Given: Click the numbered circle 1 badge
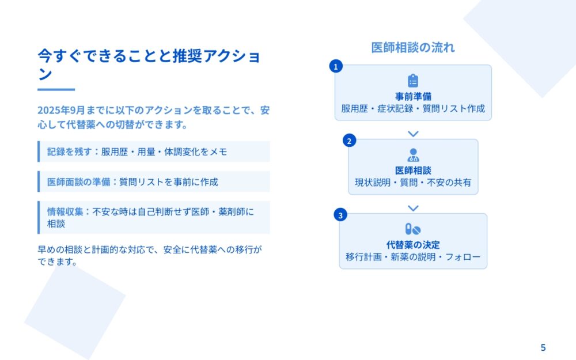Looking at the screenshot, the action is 336,66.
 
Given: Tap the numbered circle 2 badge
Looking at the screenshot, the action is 350,141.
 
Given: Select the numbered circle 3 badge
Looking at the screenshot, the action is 340,215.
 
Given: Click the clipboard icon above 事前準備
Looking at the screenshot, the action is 413,81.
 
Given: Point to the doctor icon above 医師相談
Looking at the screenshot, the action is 413,155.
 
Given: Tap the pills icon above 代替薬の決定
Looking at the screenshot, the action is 413,229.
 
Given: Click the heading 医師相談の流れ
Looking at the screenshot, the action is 413,47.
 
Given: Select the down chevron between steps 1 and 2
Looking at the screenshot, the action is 413,134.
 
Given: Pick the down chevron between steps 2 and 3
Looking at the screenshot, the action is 413,209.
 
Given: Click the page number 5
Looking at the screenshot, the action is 543,347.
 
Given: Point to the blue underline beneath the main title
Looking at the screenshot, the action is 56,89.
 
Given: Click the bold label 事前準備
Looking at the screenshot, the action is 413,96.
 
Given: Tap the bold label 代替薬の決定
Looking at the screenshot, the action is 413,245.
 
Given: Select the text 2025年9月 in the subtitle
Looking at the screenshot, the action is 62,110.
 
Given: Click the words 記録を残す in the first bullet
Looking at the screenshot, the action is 70,151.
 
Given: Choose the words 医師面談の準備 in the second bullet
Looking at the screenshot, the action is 78,182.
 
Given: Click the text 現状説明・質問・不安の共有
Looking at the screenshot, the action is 413,183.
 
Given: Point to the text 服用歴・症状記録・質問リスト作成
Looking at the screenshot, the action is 413,109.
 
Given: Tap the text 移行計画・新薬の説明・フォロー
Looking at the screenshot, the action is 413,257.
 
